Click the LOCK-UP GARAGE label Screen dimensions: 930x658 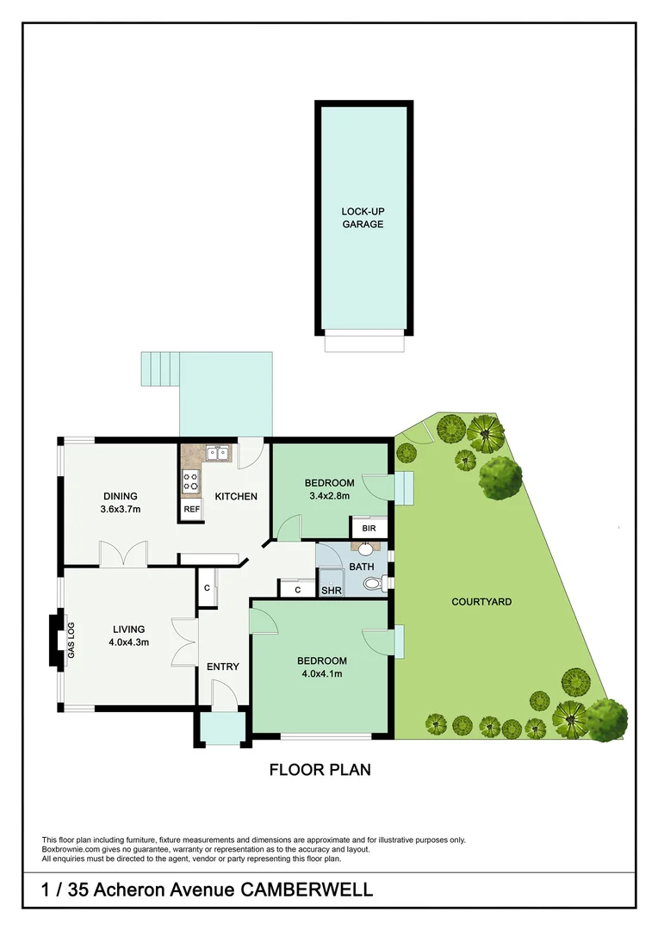362,218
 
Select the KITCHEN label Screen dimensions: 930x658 236,496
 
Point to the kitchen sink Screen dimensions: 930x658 217,451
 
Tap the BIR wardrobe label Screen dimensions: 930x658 369,528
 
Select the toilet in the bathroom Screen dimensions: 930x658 373,584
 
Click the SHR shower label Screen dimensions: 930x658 330,591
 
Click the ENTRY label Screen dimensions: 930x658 222,666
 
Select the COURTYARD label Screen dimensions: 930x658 481,601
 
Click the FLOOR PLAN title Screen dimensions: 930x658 320,769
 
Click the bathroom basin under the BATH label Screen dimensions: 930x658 364,548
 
